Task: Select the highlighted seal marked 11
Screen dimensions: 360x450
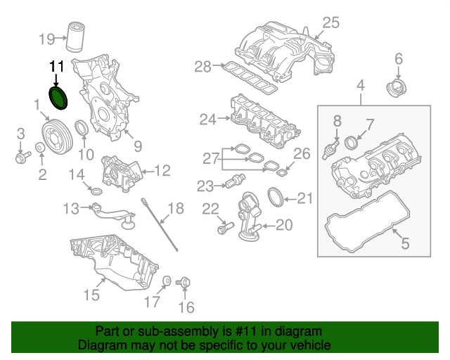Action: (58, 98)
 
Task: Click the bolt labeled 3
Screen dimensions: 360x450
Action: (20, 155)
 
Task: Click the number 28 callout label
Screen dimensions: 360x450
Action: (203, 67)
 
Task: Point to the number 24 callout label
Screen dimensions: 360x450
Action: (207, 120)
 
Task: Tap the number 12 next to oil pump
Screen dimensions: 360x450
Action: (162, 169)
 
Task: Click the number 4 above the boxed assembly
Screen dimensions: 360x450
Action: (361, 86)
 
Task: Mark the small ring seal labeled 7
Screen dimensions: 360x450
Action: (354, 144)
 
